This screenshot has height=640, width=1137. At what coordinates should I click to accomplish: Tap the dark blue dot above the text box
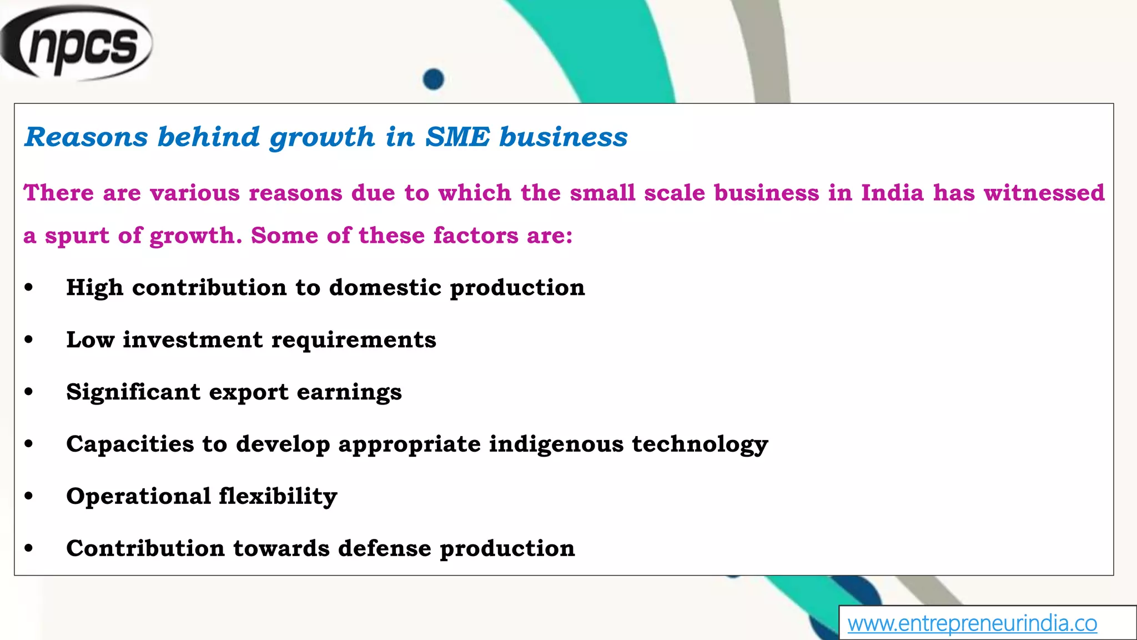[433, 79]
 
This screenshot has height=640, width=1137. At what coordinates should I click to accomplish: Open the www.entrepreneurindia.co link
[972, 623]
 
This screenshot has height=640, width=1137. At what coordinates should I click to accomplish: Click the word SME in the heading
[457, 137]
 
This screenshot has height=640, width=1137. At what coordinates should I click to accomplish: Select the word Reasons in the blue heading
[87, 137]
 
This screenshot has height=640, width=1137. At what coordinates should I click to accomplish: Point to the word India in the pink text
[892, 193]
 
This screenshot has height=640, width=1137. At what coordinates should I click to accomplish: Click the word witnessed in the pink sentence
[1044, 193]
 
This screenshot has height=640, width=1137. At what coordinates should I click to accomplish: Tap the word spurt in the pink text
[77, 236]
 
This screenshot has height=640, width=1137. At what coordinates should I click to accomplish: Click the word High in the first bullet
[94, 288]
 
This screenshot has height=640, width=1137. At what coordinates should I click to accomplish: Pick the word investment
[193, 340]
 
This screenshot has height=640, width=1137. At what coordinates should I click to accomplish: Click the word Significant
[133, 392]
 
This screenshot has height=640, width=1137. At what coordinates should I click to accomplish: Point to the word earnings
[349, 392]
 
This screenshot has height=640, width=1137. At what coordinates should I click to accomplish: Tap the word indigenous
[556, 444]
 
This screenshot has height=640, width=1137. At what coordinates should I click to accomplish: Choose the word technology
[700, 444]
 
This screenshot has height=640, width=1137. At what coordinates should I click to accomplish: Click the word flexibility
[278, 496]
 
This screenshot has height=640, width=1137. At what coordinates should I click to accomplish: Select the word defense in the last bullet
[384, 548]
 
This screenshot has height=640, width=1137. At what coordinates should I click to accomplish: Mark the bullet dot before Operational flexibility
[29, 496]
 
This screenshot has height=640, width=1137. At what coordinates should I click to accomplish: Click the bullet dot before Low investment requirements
[29, 339]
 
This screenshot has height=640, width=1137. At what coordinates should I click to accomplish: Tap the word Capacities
[130, 444]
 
